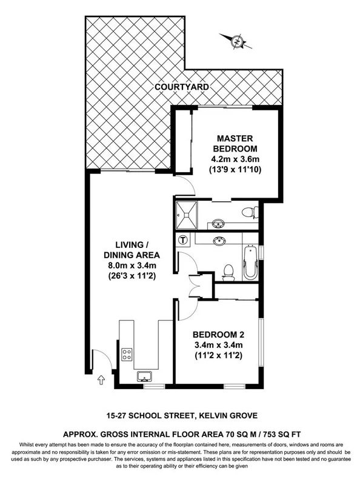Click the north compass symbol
point(238,41)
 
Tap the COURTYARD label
point(182,87)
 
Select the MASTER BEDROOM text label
point(236,144)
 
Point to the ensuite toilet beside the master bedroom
point(248,212)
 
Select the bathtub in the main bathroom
point(250,262)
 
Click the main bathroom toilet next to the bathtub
point(228,273)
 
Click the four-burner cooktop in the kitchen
point(128,355)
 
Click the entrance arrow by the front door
point(101,380)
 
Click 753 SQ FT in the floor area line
point(276,435)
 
